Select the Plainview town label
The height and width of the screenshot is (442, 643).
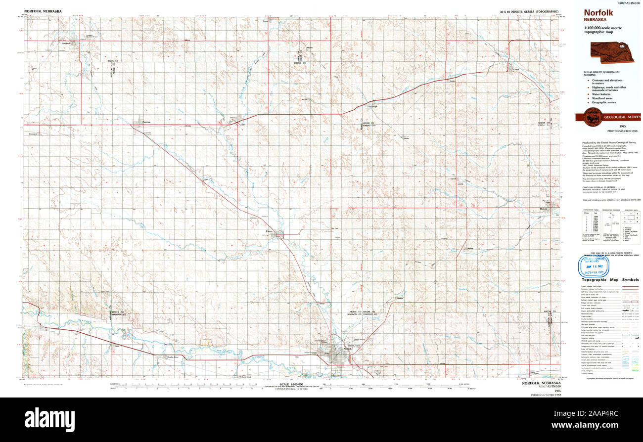pos(145,122)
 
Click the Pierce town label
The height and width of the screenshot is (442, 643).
pos(269,230)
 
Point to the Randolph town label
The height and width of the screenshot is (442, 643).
pos(373,106)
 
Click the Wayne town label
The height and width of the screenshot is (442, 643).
pos(544,209)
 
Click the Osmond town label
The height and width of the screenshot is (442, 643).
pos(233,117)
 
